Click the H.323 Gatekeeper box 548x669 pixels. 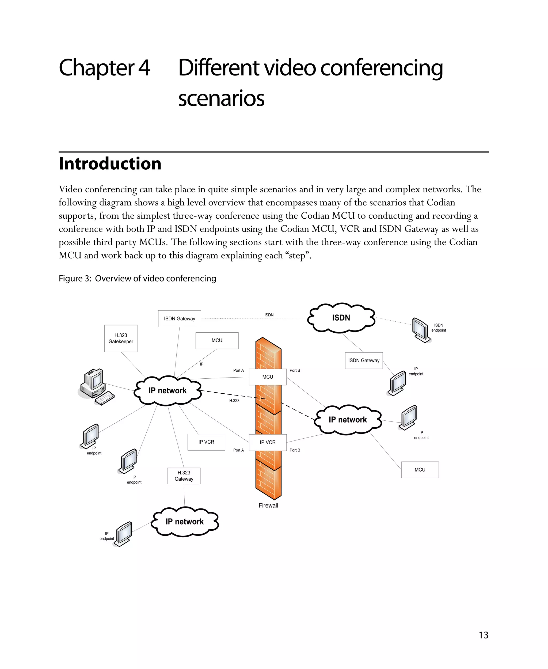pos(121,338)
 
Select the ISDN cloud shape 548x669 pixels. pos(341,318)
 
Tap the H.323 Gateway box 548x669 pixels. pos(184,476)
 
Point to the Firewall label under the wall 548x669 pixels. pos(268,505)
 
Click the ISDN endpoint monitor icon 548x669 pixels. pos(421,330)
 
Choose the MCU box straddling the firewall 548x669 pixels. pos(267,377)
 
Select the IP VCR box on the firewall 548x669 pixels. pos(267,442)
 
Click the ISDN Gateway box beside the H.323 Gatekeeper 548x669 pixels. pos(179,318)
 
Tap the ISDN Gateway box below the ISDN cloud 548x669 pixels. pos(364,360)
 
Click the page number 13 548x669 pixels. pos(483,635)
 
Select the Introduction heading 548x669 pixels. pos(110,164)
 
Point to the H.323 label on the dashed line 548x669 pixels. pos(234,401)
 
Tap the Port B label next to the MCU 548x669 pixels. pos(295,370)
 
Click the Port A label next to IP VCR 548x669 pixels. pos(238,450)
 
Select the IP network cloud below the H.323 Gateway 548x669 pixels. pos(185,522)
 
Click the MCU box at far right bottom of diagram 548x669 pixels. pos(420,470)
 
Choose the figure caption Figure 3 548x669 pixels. pos(137,279)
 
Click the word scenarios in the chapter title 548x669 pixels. pos(221,98)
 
